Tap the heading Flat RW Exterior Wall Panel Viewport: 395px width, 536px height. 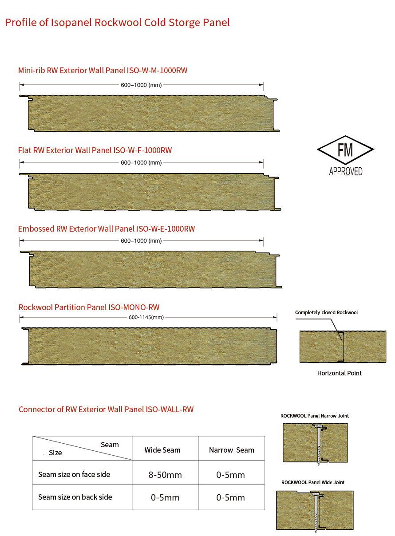(95, 150)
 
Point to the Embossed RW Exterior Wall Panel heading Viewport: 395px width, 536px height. (107, 229)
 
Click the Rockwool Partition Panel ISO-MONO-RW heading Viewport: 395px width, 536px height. (89, 307)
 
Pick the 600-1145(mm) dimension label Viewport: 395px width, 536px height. (146, 317)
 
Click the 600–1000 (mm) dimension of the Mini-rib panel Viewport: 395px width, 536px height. (141, 84)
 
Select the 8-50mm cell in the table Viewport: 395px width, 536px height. (165, 475)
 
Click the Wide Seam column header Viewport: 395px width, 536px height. (162, 450)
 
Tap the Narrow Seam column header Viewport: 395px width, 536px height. (231, 450)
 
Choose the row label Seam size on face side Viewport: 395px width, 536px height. (74, 474)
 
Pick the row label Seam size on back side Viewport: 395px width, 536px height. (75, 497)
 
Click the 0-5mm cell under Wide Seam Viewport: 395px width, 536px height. (165, 498)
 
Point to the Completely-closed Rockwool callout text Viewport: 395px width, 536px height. (326, 312)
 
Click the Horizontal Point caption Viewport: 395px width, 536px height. (340, 373)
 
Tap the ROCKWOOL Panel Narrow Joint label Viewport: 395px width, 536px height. (315, 416)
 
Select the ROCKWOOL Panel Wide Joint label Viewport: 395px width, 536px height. (313, 482)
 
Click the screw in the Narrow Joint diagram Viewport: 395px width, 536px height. (318, 444)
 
